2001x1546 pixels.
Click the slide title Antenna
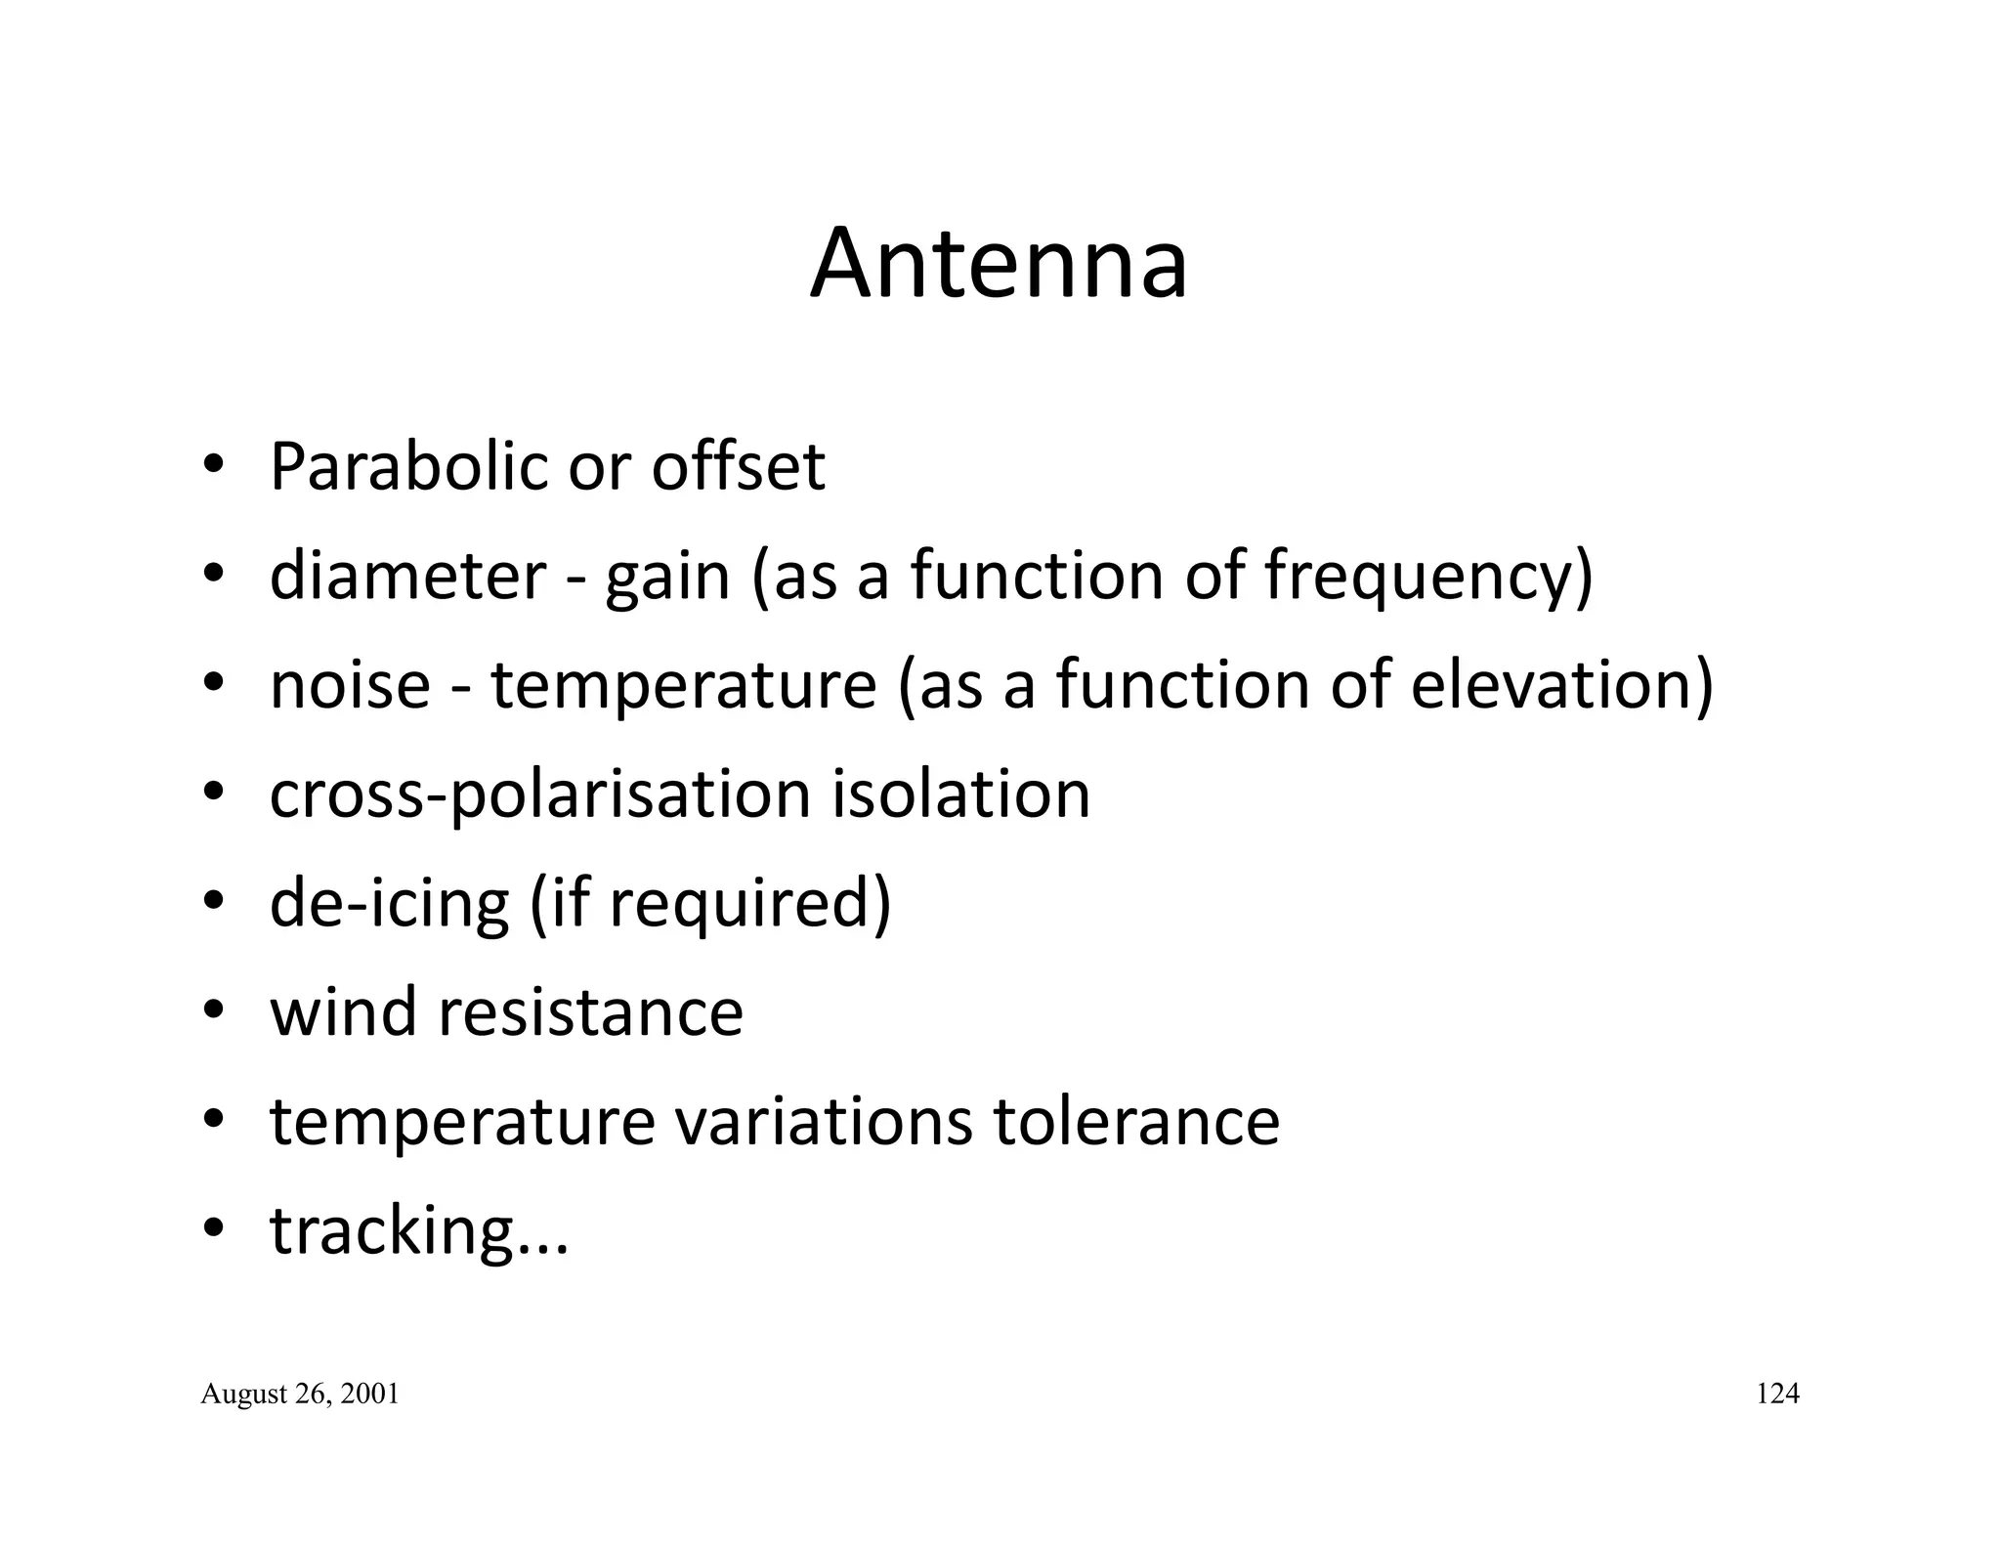click(x=999, y=264)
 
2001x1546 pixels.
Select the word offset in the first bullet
click(x=739, y=467)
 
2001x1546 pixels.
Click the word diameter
click(x=406, y=576)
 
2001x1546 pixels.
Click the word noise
click(x=350, y=685)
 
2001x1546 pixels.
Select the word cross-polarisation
click(x=540, y=795)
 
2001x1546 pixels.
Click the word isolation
click(x=961, y=794)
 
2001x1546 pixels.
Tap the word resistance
click(x=590, y=1012)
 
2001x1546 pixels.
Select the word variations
click(x=824, y=1121)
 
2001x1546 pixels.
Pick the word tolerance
click(x=1136, y=1121)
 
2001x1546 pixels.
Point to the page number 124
click(x=1777, y=1394)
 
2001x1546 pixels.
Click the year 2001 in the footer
click(x=372, y=1395)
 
